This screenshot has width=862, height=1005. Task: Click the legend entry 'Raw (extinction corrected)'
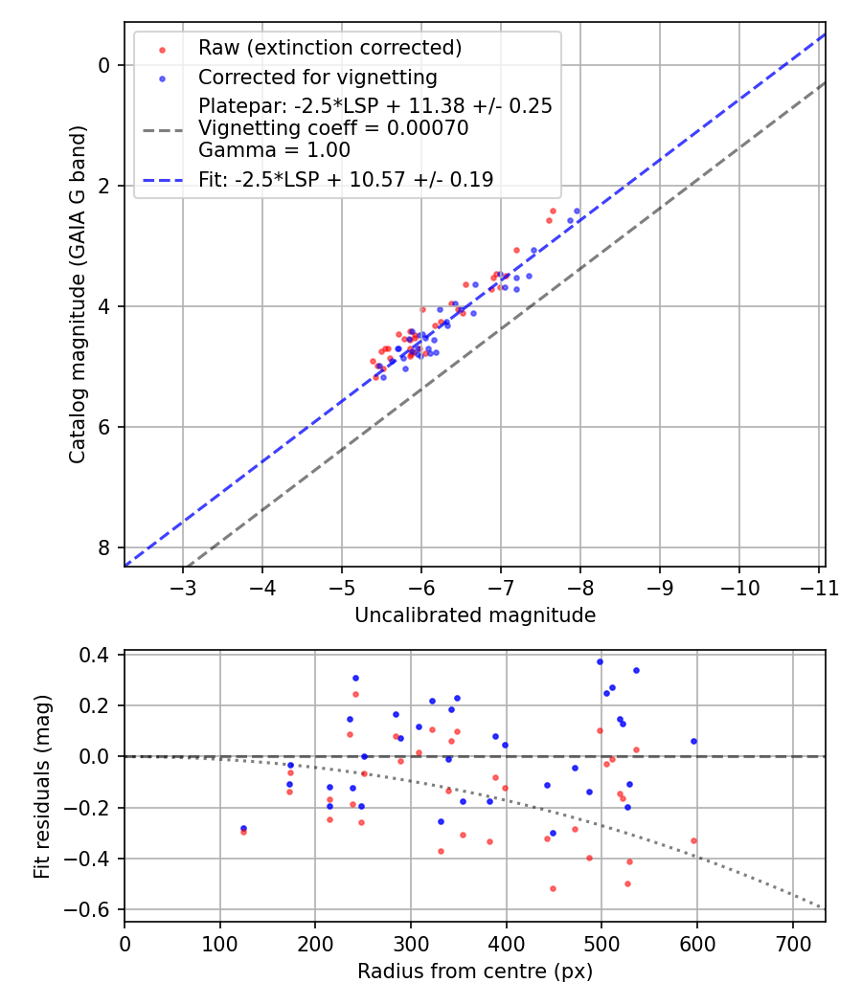click(x=329, y=48)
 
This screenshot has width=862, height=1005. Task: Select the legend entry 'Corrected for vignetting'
click(x=317, y=77)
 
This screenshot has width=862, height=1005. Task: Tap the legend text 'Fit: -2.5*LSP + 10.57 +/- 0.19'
click(x=346, y=179)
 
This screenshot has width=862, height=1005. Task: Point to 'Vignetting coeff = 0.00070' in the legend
click(x=333, y=128)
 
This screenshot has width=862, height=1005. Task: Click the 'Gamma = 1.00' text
click(x=274, y=150)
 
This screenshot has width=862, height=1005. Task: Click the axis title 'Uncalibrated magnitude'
click(x=475, y=615)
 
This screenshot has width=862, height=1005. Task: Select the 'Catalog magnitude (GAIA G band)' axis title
click(x=78, y=294)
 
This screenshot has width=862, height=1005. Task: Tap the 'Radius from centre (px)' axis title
click(x=475, y=971)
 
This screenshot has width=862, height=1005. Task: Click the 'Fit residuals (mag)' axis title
click(x=41, y=787)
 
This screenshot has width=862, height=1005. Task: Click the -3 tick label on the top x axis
click(x=184, y=588)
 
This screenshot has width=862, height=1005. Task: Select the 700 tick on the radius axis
click(x=793, y=943)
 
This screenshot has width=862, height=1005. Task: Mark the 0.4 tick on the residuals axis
click(x=98, y=655)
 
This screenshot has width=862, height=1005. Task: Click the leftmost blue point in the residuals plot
click(x=243, y=828)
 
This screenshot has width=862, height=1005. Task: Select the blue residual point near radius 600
click(x=693, y=741)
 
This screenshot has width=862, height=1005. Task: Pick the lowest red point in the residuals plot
click(x=553, y=888)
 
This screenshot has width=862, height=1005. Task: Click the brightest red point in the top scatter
click(x=553, y=211)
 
